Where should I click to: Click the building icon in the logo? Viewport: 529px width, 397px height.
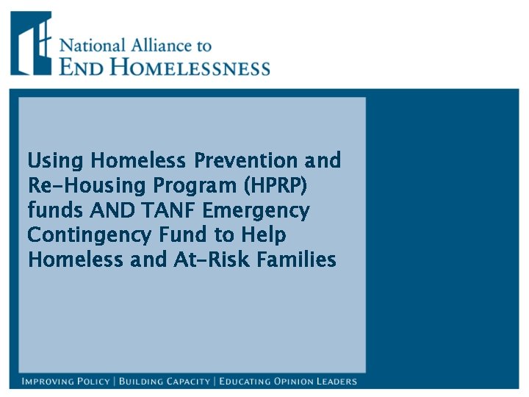[x=31, y=43]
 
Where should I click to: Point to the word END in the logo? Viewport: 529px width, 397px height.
[x=79, y=68]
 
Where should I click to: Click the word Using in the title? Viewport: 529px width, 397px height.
[x=49, y=161]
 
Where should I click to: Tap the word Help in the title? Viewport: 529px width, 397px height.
[x=264, y=235]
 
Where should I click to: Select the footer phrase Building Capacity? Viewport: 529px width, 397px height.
[x=162, y=382]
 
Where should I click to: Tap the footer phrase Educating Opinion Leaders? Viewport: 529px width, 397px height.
[x=288, y=382]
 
